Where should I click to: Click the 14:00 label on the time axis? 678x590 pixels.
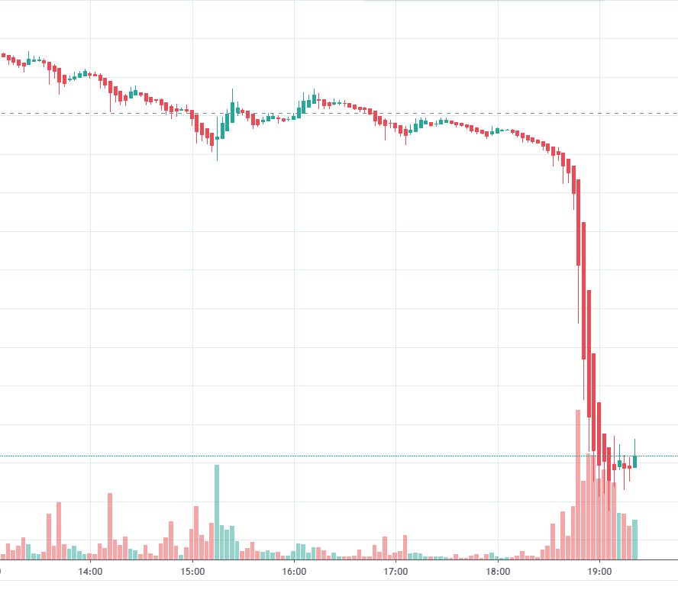(x=90, y=570)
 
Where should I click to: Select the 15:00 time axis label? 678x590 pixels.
(x=192, y=570)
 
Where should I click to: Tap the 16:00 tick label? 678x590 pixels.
(x=294, y=570)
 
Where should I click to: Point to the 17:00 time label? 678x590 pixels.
(x=395, y=570)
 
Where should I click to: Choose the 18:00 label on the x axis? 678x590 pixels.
(x=498, y=570)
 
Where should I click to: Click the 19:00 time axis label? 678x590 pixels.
(x=599, y=570)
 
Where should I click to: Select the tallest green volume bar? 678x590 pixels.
(x=217, y=511)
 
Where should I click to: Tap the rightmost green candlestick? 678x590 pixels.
(x=634, y=461)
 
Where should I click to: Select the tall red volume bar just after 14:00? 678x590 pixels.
(x=110, y=526)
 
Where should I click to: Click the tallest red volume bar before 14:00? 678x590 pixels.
(x=59, y=530)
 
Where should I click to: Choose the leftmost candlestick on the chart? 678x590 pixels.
(x=3, y=55)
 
